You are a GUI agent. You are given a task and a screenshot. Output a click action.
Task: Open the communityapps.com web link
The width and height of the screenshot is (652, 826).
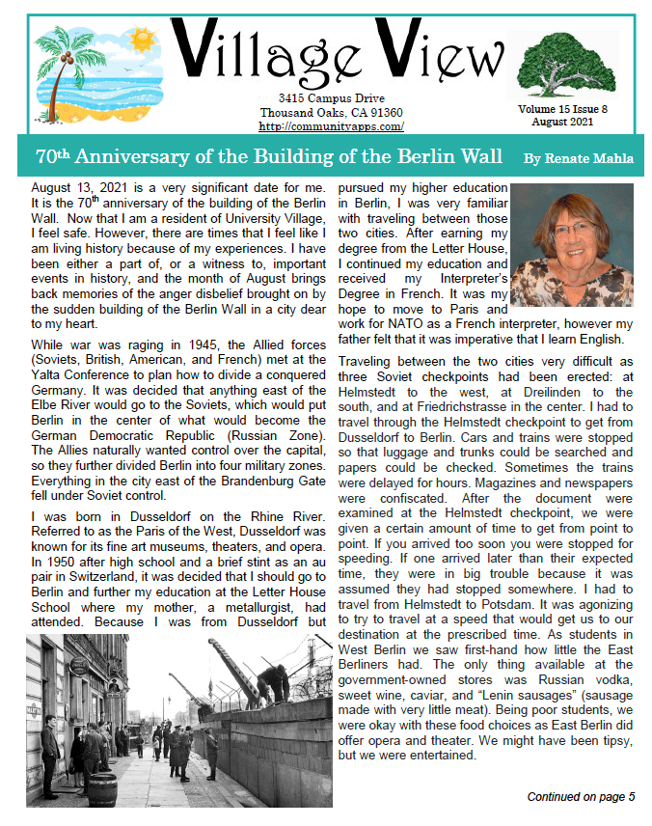click(331, 126)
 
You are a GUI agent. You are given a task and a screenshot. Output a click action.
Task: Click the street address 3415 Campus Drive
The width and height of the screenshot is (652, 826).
click(331, 98)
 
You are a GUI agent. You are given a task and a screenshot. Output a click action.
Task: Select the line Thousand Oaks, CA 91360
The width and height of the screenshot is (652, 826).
click(331, 113)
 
